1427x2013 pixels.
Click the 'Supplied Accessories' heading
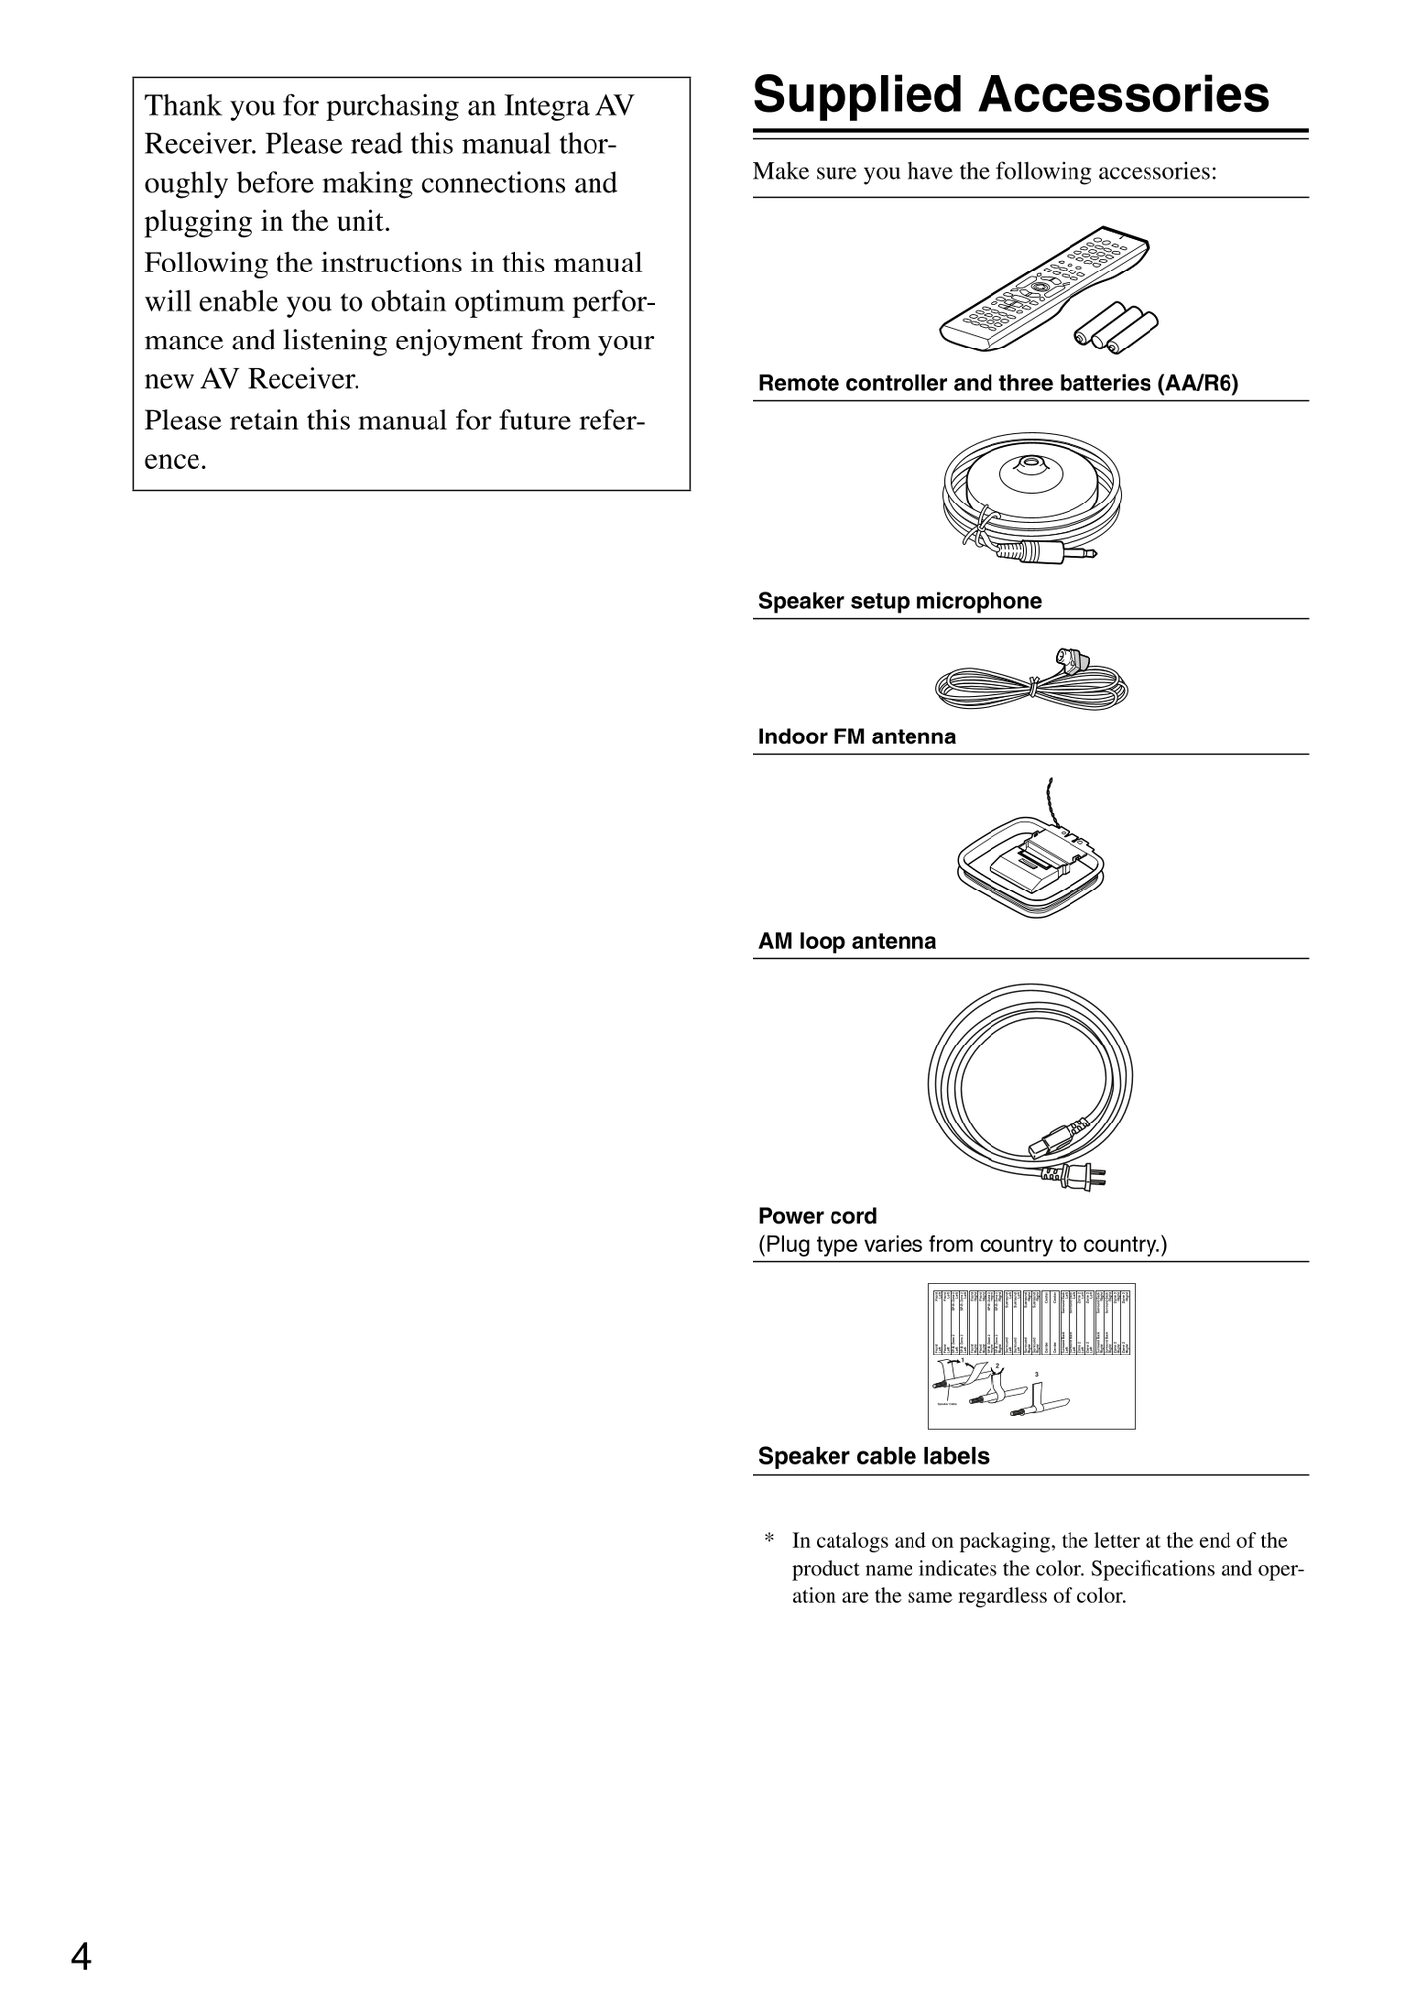[x=1010, y=96]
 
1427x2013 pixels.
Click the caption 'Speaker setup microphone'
[x=899, y=601]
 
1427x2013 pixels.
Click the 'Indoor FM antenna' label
[x=856, y=736]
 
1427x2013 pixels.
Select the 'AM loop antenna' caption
[x=846, y=941]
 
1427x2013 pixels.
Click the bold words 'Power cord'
[x=817, y=1216]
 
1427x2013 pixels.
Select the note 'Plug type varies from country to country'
[x=962, y=1244]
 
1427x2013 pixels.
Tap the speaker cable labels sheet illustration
[x=1031, y=1355]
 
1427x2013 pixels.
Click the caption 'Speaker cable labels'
[x=873, y=1456]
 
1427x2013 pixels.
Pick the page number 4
[x=81, y=1956]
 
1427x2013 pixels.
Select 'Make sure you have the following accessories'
[x=984, y=172]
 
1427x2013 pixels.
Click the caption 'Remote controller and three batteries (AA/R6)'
[x=997, y=384]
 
